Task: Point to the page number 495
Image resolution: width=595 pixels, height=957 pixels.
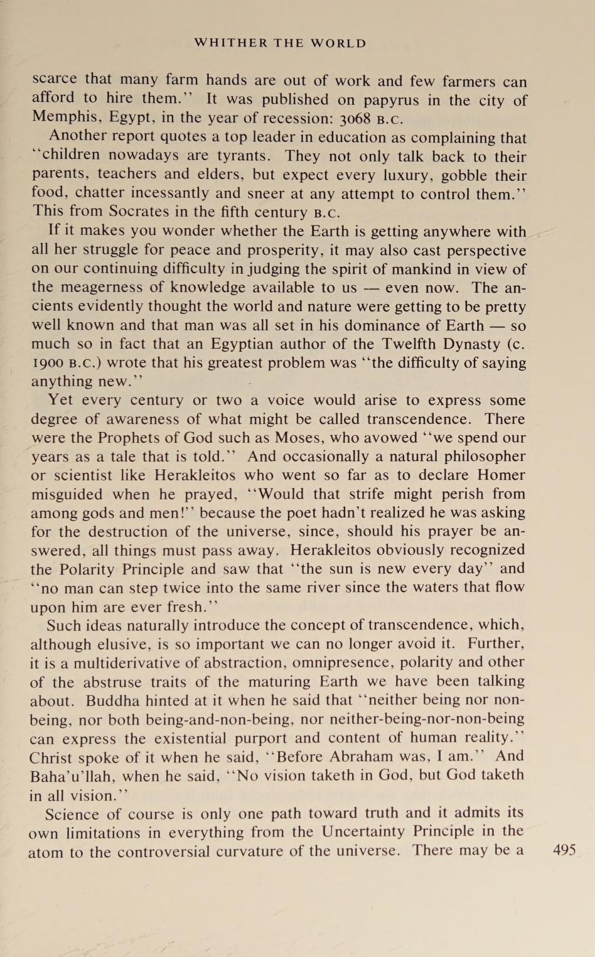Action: tap(564, 850)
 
